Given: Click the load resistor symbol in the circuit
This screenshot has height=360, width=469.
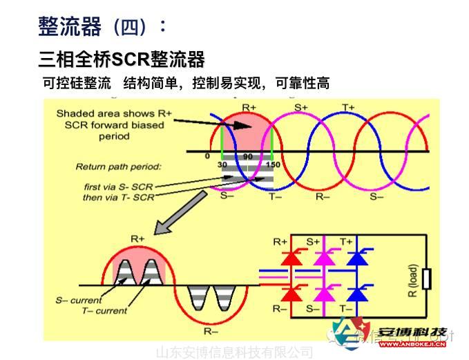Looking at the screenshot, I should (x=426, y=279).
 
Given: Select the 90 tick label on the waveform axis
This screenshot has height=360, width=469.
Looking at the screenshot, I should (x=247, y=157).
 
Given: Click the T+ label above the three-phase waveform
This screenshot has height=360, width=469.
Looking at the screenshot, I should (x=349, y=107).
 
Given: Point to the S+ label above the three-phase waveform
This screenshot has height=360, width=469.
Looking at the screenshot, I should (x=302, y=107).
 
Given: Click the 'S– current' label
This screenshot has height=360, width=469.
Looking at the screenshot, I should (x=79, y=301).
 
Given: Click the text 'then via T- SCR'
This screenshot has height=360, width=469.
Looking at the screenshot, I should (x=119, y=197).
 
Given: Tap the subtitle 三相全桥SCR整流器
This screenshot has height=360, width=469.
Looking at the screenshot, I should (x=122, y=59).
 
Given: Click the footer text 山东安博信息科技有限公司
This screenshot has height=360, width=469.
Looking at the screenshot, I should (x=235, y=352).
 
